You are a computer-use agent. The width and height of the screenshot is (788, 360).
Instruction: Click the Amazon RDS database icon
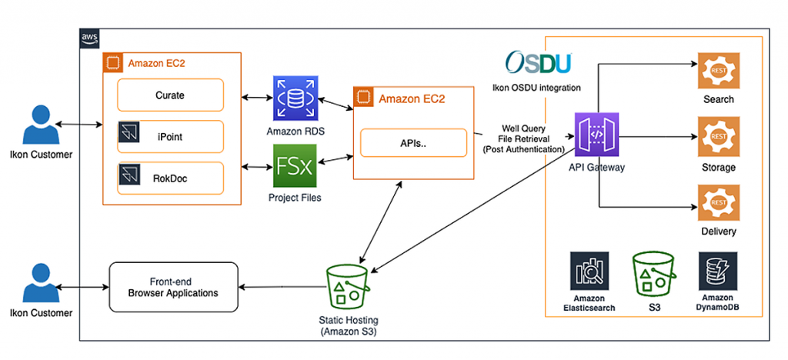click(x=295, y=98)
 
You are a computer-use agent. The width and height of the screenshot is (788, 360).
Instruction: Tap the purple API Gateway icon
click(x=596, y=135)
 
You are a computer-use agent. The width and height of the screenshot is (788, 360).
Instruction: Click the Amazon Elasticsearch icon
click(x=589, y=271)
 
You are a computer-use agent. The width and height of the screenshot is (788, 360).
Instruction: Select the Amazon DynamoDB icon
click(x=718, y=271)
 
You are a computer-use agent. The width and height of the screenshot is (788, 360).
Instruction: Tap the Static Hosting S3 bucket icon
click(x=347, y=286)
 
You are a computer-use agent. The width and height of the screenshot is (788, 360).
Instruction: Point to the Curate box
click(x=170, y=95)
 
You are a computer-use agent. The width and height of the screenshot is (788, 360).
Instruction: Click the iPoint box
click(x=170, y=136)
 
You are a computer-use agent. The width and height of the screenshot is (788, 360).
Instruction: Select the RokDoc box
click(x=170, y=178)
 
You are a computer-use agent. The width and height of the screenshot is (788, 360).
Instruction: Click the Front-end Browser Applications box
click(x=172, y=287)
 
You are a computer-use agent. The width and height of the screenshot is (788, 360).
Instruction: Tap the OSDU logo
click(x=537, y=62)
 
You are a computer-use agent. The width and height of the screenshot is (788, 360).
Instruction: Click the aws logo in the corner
click(x=89, y=38)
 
